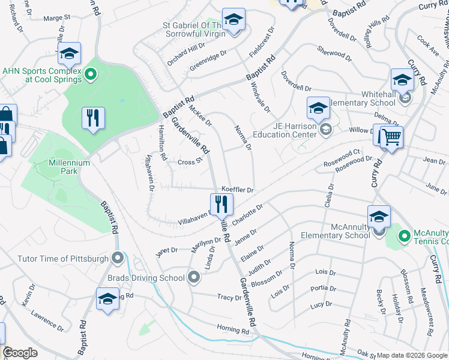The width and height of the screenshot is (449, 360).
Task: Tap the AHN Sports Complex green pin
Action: coord(91,74)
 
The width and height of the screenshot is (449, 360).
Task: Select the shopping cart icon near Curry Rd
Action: coord(391,137)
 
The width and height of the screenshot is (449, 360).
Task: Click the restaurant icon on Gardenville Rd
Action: coord(221,205)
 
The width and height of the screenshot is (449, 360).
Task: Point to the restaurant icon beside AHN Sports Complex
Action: coord(92,118)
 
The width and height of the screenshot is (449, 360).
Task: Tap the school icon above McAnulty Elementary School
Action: coord(379,217)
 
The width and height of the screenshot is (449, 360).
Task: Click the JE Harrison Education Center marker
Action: coord(325,130)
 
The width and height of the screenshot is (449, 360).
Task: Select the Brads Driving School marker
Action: coord(193,277)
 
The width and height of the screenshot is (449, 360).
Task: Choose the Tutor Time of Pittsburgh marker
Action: coord(117,259)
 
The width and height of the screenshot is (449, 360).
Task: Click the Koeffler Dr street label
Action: coord(239,189)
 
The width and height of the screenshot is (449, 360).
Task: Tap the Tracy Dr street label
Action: coord(229,297)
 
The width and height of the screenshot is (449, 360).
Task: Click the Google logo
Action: coord(20,353)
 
